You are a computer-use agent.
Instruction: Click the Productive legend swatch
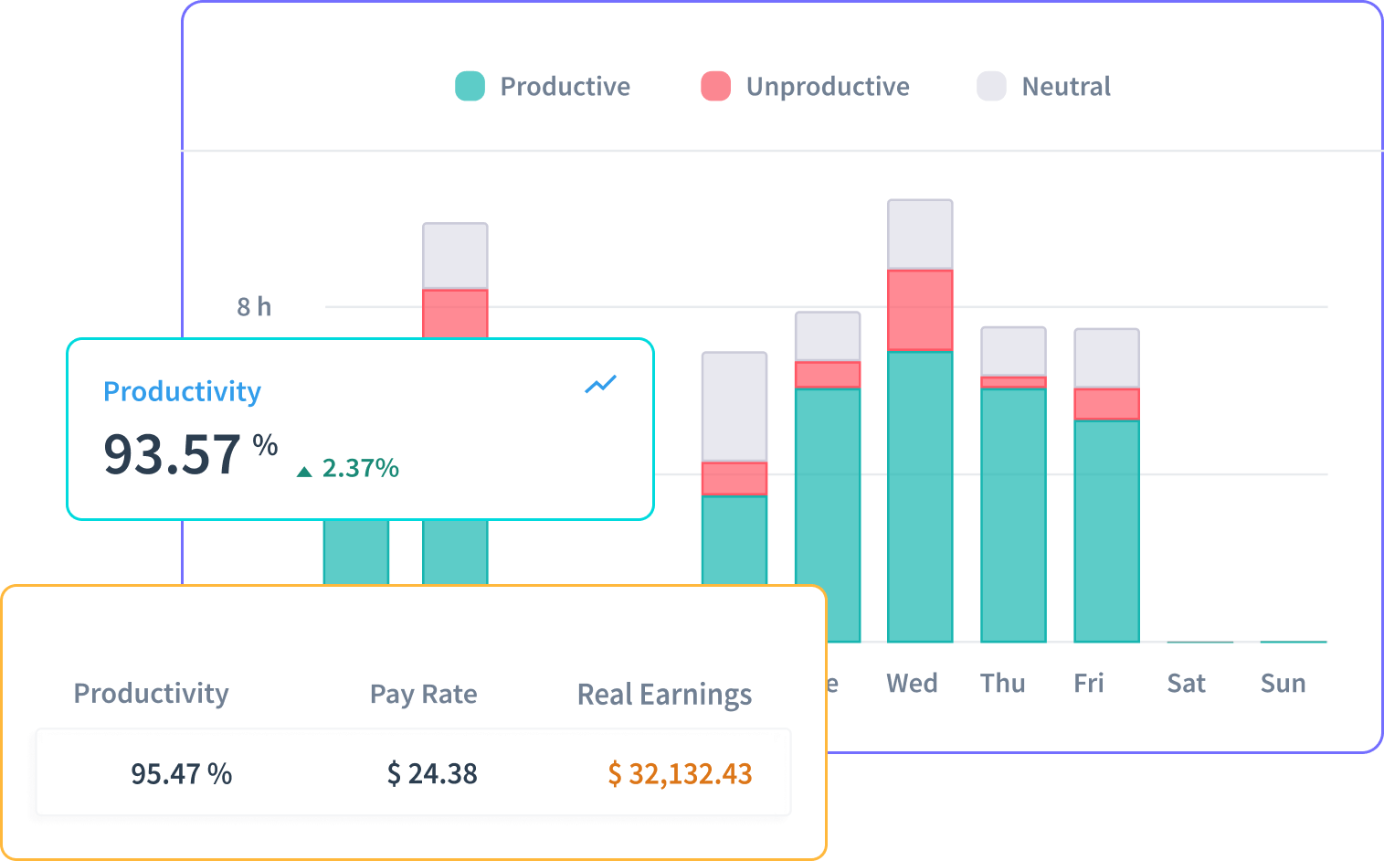[x=470, y=86]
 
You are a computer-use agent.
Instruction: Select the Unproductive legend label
[x=827, y=87]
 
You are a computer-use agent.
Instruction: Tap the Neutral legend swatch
[x=991, y=86]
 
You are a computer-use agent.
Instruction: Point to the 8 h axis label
[x=254, y=307]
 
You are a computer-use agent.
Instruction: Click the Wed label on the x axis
[x=912, y=684]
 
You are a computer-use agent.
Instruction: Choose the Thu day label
[x=1002, y=684]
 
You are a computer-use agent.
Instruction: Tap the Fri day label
[x=1088, y=684]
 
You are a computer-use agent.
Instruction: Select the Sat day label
[x=1186, y=684]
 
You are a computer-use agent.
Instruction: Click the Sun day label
[x=1283, y=684]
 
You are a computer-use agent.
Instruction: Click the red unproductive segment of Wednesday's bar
[x=920, y=310]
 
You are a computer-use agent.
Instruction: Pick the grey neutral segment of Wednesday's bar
[x=920, y=234]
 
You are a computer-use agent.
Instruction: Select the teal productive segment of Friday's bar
[x=1106, y=530]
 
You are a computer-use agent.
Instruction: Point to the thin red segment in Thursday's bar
[x=1013, y=382]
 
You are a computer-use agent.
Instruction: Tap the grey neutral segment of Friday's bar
[x=1106, y=358]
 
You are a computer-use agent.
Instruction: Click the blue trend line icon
[x=600, y=385]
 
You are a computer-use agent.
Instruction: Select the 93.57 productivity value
[x=172, y=455]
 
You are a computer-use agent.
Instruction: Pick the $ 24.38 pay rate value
[x=432, y=774]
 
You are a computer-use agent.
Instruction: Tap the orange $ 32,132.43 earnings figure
[x=680, y=774]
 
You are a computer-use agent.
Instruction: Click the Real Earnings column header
[x=664, y=695]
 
